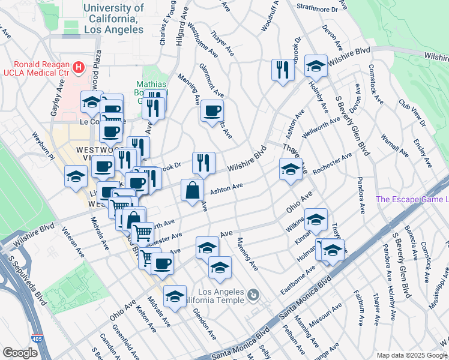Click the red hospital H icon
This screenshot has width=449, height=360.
77,66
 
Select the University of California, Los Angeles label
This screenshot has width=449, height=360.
114,18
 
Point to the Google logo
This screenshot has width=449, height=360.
20,353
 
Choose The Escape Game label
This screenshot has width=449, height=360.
412,199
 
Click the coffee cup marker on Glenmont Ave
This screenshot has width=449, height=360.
212,110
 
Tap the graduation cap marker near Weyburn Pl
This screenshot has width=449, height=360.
76,176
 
